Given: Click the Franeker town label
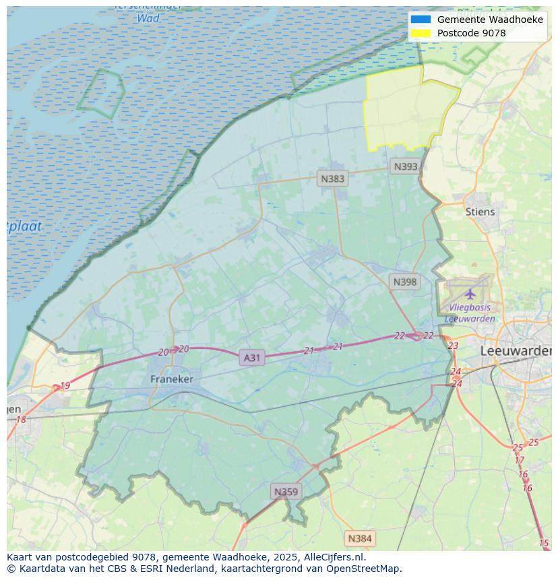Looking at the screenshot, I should click(171, 379).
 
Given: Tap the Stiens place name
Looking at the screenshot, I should click(480, 212).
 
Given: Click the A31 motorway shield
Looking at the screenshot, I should click(251, 358).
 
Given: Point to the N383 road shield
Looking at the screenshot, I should click(332, 179).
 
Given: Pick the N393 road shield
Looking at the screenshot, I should click(406, 166).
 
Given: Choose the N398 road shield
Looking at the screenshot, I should click(404, 282).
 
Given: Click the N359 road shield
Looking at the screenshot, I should click(286, 492).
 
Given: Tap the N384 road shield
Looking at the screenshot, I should click(359, 538).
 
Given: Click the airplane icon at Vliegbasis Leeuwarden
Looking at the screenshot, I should click(470, 294).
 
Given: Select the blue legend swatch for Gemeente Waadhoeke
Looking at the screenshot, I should click(421, 20).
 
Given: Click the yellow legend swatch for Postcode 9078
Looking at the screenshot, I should click(421, 33).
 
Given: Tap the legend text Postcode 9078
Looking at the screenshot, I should click(471, 33).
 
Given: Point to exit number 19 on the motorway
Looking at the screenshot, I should click(65, 386).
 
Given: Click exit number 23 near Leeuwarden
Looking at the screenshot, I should click(453, 346).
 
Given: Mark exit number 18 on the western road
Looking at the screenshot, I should click(21, 420).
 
